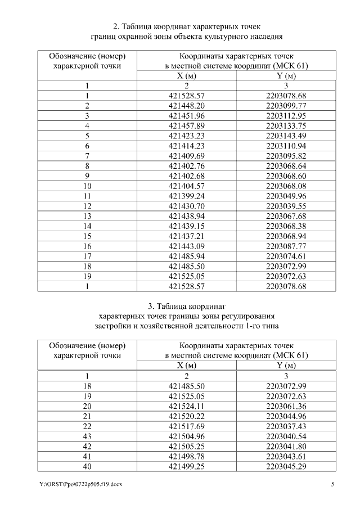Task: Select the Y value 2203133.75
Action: click(286, 125)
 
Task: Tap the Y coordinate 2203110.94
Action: click(286, 146)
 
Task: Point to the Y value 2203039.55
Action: click(286, 206)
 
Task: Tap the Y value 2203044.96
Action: click(286, 416)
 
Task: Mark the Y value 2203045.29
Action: click(286, 466)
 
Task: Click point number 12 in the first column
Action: click(87, 206)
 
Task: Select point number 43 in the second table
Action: click(87, 436)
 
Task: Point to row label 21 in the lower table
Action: click(87, 416)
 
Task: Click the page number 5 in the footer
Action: click(332, 485)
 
